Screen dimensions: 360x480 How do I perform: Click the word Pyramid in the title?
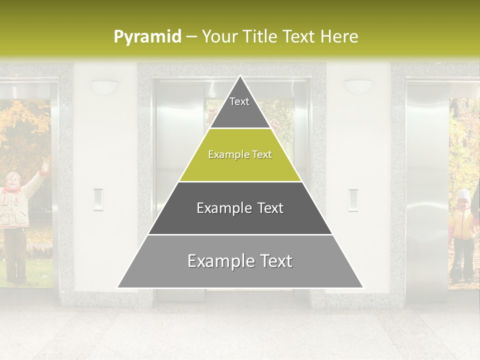[147, 36]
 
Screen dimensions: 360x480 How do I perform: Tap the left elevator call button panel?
[98, 199]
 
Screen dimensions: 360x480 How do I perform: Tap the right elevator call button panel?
[353, 199]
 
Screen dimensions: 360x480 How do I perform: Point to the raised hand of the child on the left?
[45, 165]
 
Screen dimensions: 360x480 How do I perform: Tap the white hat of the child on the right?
[464, 194]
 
